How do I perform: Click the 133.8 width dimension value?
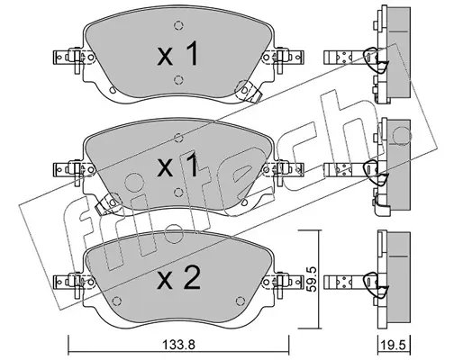click(178, 345)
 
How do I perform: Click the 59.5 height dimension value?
click(312, 279)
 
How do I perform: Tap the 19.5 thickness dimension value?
click(394, 345)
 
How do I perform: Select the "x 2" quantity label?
click(178, 278)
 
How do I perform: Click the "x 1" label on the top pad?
click(177, 54)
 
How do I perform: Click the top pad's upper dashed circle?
click(178, 26)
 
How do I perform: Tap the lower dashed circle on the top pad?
click(178, 79)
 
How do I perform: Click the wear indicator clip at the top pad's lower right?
click(249, 91)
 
